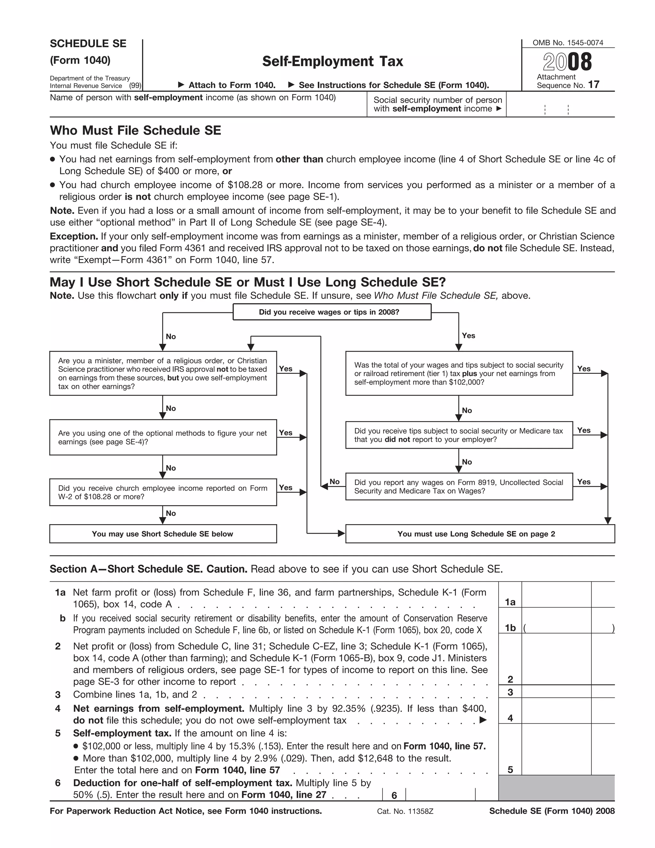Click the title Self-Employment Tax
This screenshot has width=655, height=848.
333,61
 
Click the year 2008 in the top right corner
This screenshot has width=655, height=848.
567,62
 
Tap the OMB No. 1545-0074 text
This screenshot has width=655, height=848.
568,43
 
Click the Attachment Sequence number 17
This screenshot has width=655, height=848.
594,85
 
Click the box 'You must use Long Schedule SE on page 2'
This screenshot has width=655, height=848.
480,534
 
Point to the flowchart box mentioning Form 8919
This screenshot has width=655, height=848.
459,486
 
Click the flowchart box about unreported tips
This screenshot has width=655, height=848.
459,435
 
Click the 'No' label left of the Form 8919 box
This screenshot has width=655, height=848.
335,482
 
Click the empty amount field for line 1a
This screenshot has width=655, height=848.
556,595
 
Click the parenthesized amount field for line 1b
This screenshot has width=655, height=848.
568,628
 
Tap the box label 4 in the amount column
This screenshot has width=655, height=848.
510,718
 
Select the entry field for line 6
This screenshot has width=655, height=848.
440,795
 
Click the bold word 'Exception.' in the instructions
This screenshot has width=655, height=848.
74,236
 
